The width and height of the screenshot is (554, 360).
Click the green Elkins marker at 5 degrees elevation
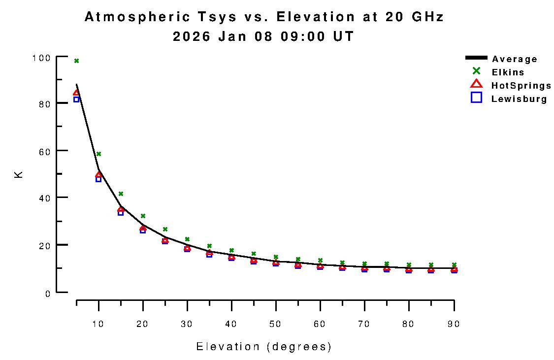coord(76,61)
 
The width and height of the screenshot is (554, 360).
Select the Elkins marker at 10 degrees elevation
coord(98,154)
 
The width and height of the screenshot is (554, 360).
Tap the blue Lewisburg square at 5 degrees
coord(76,99)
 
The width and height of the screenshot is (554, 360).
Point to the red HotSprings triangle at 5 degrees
coord(76,93)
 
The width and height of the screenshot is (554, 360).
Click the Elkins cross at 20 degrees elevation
coord(143,216)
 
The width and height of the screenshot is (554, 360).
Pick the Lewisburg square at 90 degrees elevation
coord(454,270)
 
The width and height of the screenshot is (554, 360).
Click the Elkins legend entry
coord(508,72)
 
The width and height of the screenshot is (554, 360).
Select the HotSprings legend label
coord(521,86)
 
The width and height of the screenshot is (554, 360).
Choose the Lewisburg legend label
coord(519,99)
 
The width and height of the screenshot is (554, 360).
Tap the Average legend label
coord(515,59)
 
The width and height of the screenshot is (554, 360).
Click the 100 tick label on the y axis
coord(41,58)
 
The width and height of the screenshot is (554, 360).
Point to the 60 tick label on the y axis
coord(44,151)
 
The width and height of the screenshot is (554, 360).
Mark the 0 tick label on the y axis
coord(48,294)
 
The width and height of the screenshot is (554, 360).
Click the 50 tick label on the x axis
coord(276,324)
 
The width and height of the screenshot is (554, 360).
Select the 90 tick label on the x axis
coord(454,324)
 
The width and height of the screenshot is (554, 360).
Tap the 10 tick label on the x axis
coord(98,324)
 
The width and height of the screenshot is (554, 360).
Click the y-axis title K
coord(19,174)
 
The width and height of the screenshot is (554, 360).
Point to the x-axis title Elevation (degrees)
coord(264,347)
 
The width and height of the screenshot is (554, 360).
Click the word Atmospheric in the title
coord(137,17)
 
